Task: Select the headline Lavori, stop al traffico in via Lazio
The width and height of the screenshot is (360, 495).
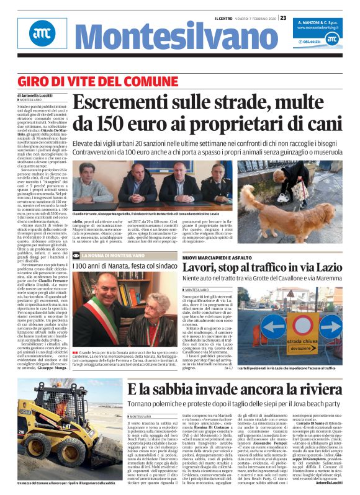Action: pos(279,269)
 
